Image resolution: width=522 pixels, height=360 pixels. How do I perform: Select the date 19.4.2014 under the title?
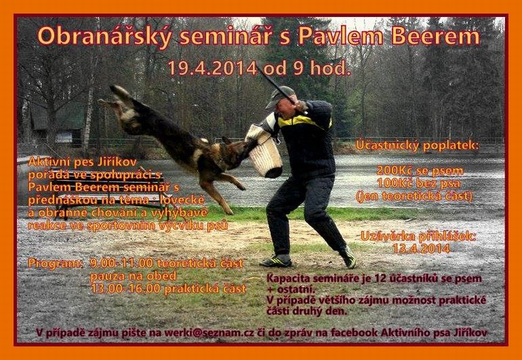click(213, 68)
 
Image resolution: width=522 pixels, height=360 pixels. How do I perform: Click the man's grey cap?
click(280, 96)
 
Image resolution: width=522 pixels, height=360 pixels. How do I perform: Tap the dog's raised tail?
click(124, 95)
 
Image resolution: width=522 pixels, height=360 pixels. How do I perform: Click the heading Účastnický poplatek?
click(418, 145)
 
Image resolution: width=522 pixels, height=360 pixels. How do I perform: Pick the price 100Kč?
click(394, 183)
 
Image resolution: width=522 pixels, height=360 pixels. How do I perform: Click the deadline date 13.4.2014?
click(421, 249)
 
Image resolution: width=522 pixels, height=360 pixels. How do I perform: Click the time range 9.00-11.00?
click(121, 264)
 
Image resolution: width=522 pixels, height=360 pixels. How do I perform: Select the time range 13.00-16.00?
click(126, 289)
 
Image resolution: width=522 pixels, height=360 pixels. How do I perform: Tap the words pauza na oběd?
click(133, 276)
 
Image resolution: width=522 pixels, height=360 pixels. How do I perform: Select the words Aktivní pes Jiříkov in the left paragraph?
click(82, 162)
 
